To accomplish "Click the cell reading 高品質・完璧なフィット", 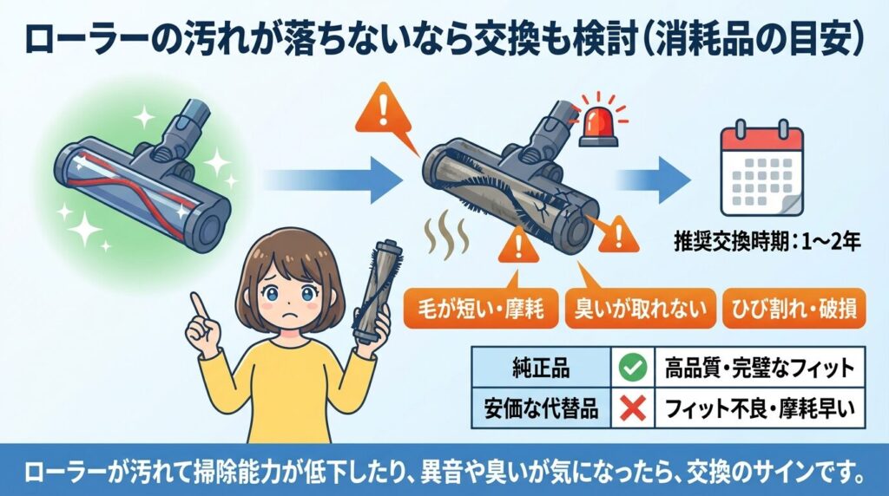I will pyautogui.click(x=754, y=369).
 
